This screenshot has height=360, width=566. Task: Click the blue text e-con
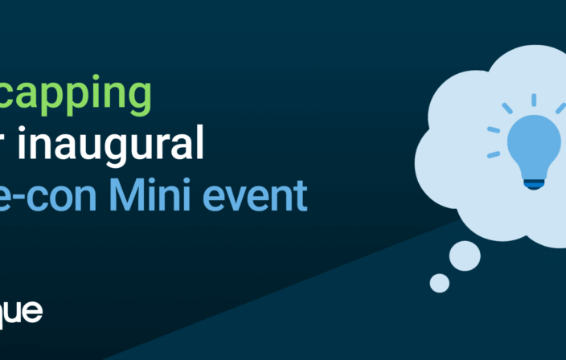[x=53, y=197]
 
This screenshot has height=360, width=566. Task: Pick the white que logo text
[x=19, y=312]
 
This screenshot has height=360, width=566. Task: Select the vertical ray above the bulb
[x=533, y=100]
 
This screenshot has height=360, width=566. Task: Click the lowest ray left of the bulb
[x=494, y=153]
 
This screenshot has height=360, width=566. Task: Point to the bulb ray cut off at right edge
[x=560, y=108]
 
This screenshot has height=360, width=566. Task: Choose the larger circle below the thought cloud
[x=465, y=256]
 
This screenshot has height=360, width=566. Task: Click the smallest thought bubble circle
[x=440, y=282]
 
